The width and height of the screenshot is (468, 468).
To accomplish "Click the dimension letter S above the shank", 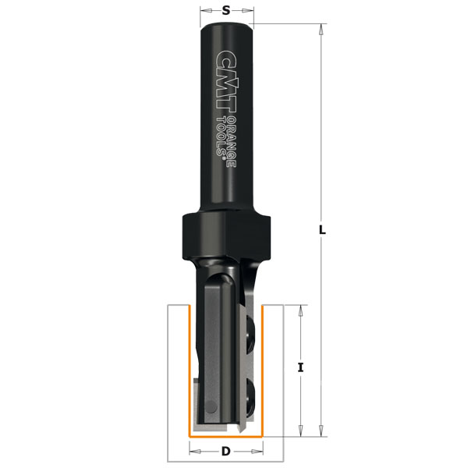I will (x=226, y=10).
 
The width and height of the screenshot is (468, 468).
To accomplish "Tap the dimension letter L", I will (x=323, y=231).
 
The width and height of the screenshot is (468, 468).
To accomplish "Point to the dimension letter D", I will (x=226, y=451).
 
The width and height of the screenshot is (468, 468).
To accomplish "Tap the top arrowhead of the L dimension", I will (x=321, y=30).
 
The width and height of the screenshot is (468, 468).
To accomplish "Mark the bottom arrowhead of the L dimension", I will (x=321, y=431).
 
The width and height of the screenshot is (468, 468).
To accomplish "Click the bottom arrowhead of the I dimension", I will (x=301, y=431).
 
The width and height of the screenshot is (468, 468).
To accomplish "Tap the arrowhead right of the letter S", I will (x=250, y=10).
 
